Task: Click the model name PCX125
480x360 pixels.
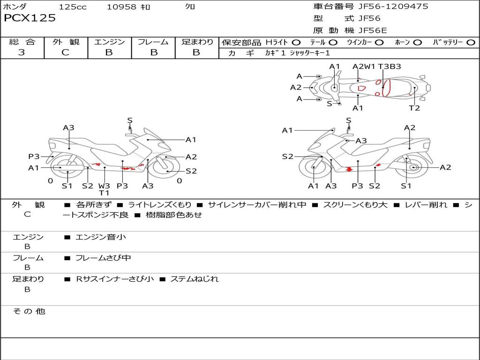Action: pyautogui.click(x=30, y=18)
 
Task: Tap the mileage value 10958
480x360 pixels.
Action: pyautogui.click(x=121, y=7)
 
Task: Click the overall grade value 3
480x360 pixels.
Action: pyautogui.click(x=22, y=52)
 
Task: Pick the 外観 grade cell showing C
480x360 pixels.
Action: pyautogui.click(x=65, y=52)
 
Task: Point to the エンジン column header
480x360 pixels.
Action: pyautogui.click(x=109, y=42)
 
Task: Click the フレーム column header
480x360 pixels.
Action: pyautogui.click(x=153, y=42)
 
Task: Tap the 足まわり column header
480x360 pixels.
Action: pyautogui.click(x=197, y=42)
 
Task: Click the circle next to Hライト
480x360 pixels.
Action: pyautogui.click(x=296, y=43)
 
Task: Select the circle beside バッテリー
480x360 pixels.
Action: pyautogui.click(x=471, y=43)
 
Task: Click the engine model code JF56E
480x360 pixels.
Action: pyautogui.click(x=373, y=30)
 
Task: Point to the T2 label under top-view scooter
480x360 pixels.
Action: pyautogui.click(x=414, y=108)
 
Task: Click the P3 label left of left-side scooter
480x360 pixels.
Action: pyautogui.click(x=34, y=157)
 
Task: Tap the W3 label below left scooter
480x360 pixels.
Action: pyautogui.click(x=104, y=186)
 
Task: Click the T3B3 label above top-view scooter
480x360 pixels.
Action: pyautogui.click(x=390, y=67)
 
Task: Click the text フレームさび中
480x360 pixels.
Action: pyautogui.click(x=103, y=258)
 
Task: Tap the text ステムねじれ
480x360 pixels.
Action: pyautogui.click(x=194, y=279)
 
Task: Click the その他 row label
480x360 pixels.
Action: pyautogui.click(x=29, y=311)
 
